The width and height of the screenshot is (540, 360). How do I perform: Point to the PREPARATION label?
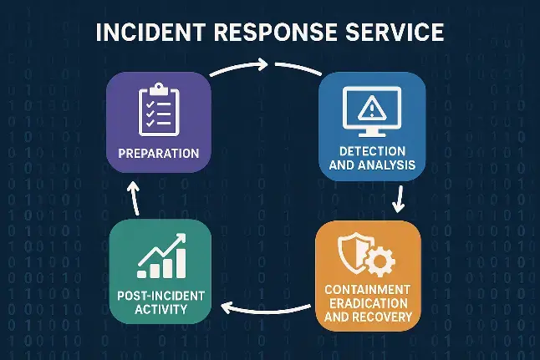coord(158,154)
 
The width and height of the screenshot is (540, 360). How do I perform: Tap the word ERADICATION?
coord(368,304)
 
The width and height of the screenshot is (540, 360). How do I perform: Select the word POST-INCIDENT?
coord(158,297)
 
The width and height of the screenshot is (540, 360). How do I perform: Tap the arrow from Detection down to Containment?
coord(398,198)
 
